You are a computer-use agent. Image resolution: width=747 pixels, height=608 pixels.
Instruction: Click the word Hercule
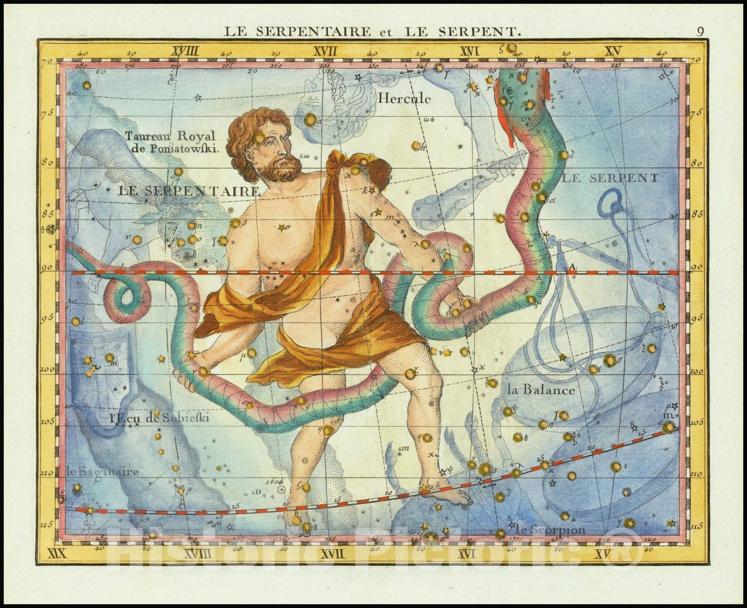tap(404, 99)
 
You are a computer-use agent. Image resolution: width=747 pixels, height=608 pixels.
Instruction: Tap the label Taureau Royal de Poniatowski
tap(170, 142)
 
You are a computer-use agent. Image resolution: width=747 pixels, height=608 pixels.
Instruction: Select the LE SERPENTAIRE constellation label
tap(188, 191)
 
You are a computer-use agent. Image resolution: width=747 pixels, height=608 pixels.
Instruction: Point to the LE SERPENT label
tap(610, 178)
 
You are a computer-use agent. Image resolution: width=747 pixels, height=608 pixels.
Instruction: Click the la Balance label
tap(541, 389)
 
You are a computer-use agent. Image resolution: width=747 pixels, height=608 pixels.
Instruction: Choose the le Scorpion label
tap(550, 529)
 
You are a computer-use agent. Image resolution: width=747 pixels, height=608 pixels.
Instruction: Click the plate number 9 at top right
tap(700, 31)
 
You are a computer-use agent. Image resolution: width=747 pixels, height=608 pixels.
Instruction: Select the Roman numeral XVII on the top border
tap(325, 51)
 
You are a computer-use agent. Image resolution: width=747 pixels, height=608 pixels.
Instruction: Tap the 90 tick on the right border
tap(696, 268)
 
